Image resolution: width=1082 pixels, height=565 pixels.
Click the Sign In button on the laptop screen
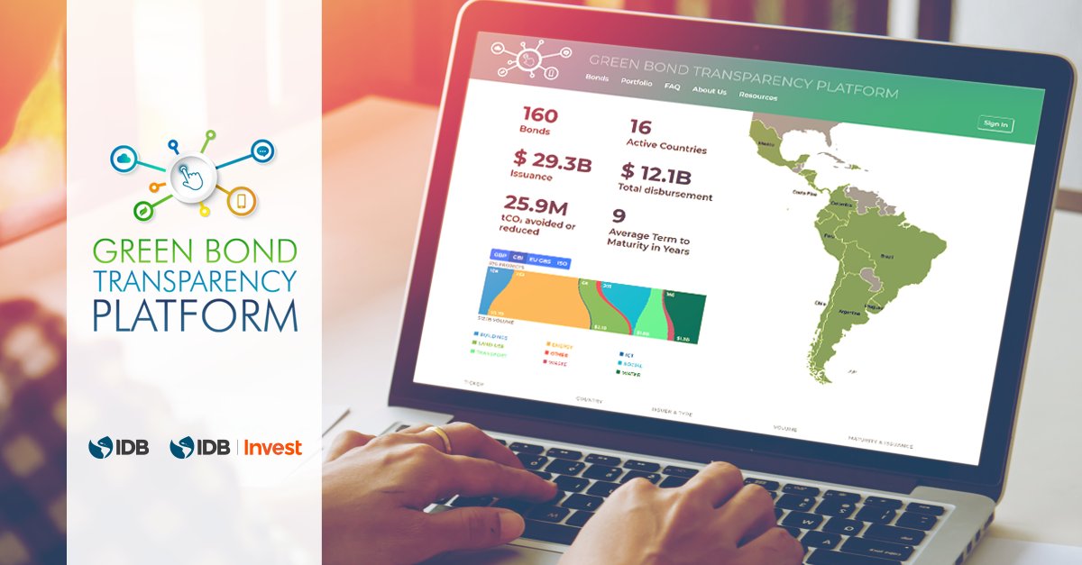pyautogui.click(x=995, y=124)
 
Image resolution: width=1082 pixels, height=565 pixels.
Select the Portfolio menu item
pyautogui.click(x=637, y=82)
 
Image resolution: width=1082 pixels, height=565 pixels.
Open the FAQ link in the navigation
pyautogui.click(x=672, y=87)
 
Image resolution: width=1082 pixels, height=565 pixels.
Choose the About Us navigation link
pyautogui.click(x=709, y=91)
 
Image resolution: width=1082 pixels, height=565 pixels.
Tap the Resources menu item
pyautogui.click(x=757, y=96)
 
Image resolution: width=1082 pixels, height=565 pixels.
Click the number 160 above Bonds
pyautogui.click(x=540, y=115)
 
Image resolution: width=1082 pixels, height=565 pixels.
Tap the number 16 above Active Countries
pyautogui.click(x=640, y=127)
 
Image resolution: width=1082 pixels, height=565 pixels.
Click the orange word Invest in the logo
pyautogui.click(x=274, y=447)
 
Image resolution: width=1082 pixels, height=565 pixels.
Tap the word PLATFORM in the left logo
pyautogui.click(x=195, y=315)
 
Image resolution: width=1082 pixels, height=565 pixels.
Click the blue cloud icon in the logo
pyautogui.click(x=123, y=159)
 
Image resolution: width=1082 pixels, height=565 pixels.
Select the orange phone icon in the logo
pyautogui.click(x=242, y=203)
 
